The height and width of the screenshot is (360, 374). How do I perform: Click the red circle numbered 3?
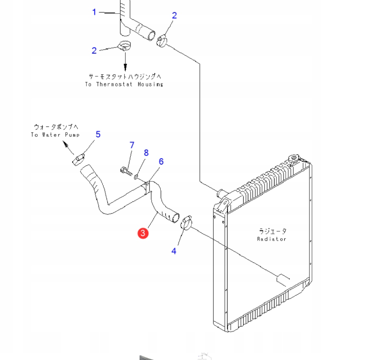143,233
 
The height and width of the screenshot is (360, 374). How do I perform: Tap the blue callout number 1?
94,12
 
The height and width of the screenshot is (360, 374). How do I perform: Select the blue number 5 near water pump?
98,135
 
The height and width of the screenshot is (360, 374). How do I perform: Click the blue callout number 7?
132,145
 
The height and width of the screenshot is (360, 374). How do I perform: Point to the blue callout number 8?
146,153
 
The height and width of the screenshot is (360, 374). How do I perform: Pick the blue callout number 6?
161,161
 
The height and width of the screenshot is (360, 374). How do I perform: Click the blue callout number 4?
174,251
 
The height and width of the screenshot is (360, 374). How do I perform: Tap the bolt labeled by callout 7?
126,171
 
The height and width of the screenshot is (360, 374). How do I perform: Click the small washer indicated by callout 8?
136,177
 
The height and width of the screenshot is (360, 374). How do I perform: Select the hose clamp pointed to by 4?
186,223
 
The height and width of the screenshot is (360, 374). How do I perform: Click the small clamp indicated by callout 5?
78,159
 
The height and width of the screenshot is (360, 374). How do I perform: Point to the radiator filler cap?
293,158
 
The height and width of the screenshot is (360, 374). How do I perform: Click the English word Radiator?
271,239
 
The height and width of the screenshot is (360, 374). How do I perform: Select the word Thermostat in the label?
114,84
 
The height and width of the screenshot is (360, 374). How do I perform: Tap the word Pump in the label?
72,135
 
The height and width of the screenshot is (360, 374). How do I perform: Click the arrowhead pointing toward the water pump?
65,143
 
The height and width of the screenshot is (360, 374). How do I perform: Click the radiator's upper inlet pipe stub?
221,193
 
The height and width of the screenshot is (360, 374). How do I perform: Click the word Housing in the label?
151,84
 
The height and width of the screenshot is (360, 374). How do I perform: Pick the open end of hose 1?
152,36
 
